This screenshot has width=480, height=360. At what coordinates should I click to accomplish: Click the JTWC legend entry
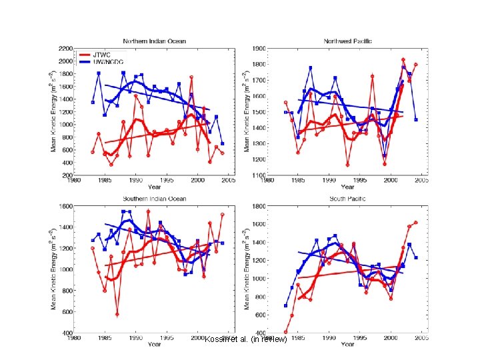[x=103, y=55]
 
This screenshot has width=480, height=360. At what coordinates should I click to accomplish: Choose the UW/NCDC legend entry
[x=109, y=61]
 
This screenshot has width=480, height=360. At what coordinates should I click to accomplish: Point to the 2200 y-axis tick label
[x=65, y=49]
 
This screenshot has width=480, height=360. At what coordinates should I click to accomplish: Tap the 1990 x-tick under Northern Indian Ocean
[x=136, y=181]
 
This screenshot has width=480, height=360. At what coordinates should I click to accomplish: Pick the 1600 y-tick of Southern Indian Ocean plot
[x=65, y=207]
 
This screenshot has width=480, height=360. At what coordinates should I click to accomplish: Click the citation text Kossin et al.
[x=246, y=340]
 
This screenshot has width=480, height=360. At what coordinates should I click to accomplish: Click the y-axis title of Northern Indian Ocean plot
[x=54, y=112]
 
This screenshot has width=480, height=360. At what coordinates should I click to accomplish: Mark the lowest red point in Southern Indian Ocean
[x=117, y=314]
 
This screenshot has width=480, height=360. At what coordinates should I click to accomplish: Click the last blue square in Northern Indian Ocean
[x=222, y=143]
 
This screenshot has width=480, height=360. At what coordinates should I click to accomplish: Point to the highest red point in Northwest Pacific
[x=403, y=60]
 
